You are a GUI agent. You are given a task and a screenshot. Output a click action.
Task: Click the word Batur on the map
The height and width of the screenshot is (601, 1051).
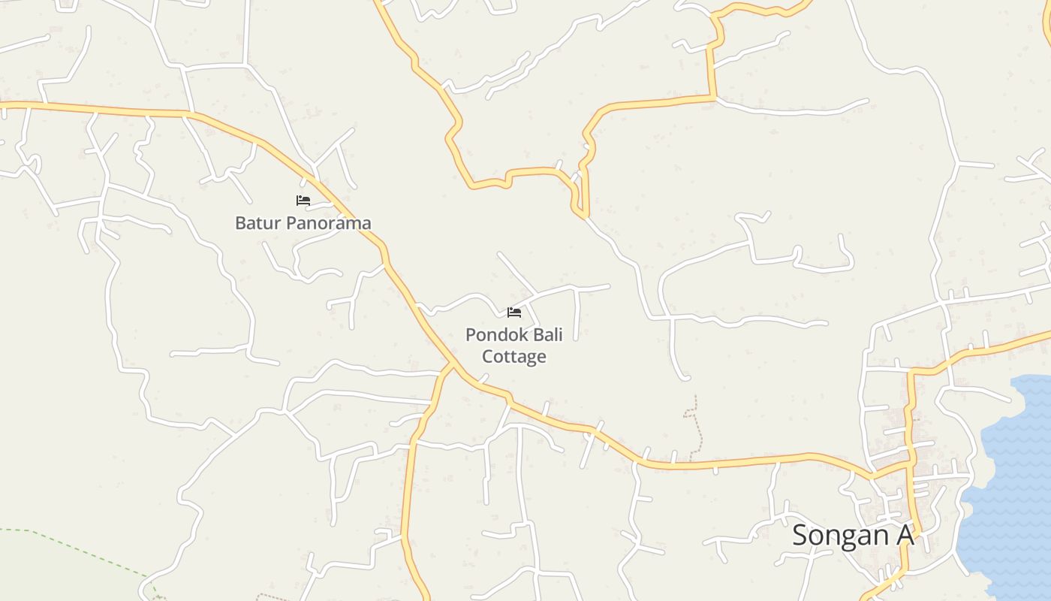[x=257, y=223]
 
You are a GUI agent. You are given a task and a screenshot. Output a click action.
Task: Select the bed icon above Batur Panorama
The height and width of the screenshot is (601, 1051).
[x=303, y=201]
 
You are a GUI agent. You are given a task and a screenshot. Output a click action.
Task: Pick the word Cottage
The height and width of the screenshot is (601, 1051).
[x=514, y=356]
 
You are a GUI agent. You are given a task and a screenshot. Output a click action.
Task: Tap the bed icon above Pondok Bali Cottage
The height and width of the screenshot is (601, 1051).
[x=514, y=312]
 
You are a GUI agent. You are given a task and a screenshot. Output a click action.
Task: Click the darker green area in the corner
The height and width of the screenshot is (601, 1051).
[x=45, y=571]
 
